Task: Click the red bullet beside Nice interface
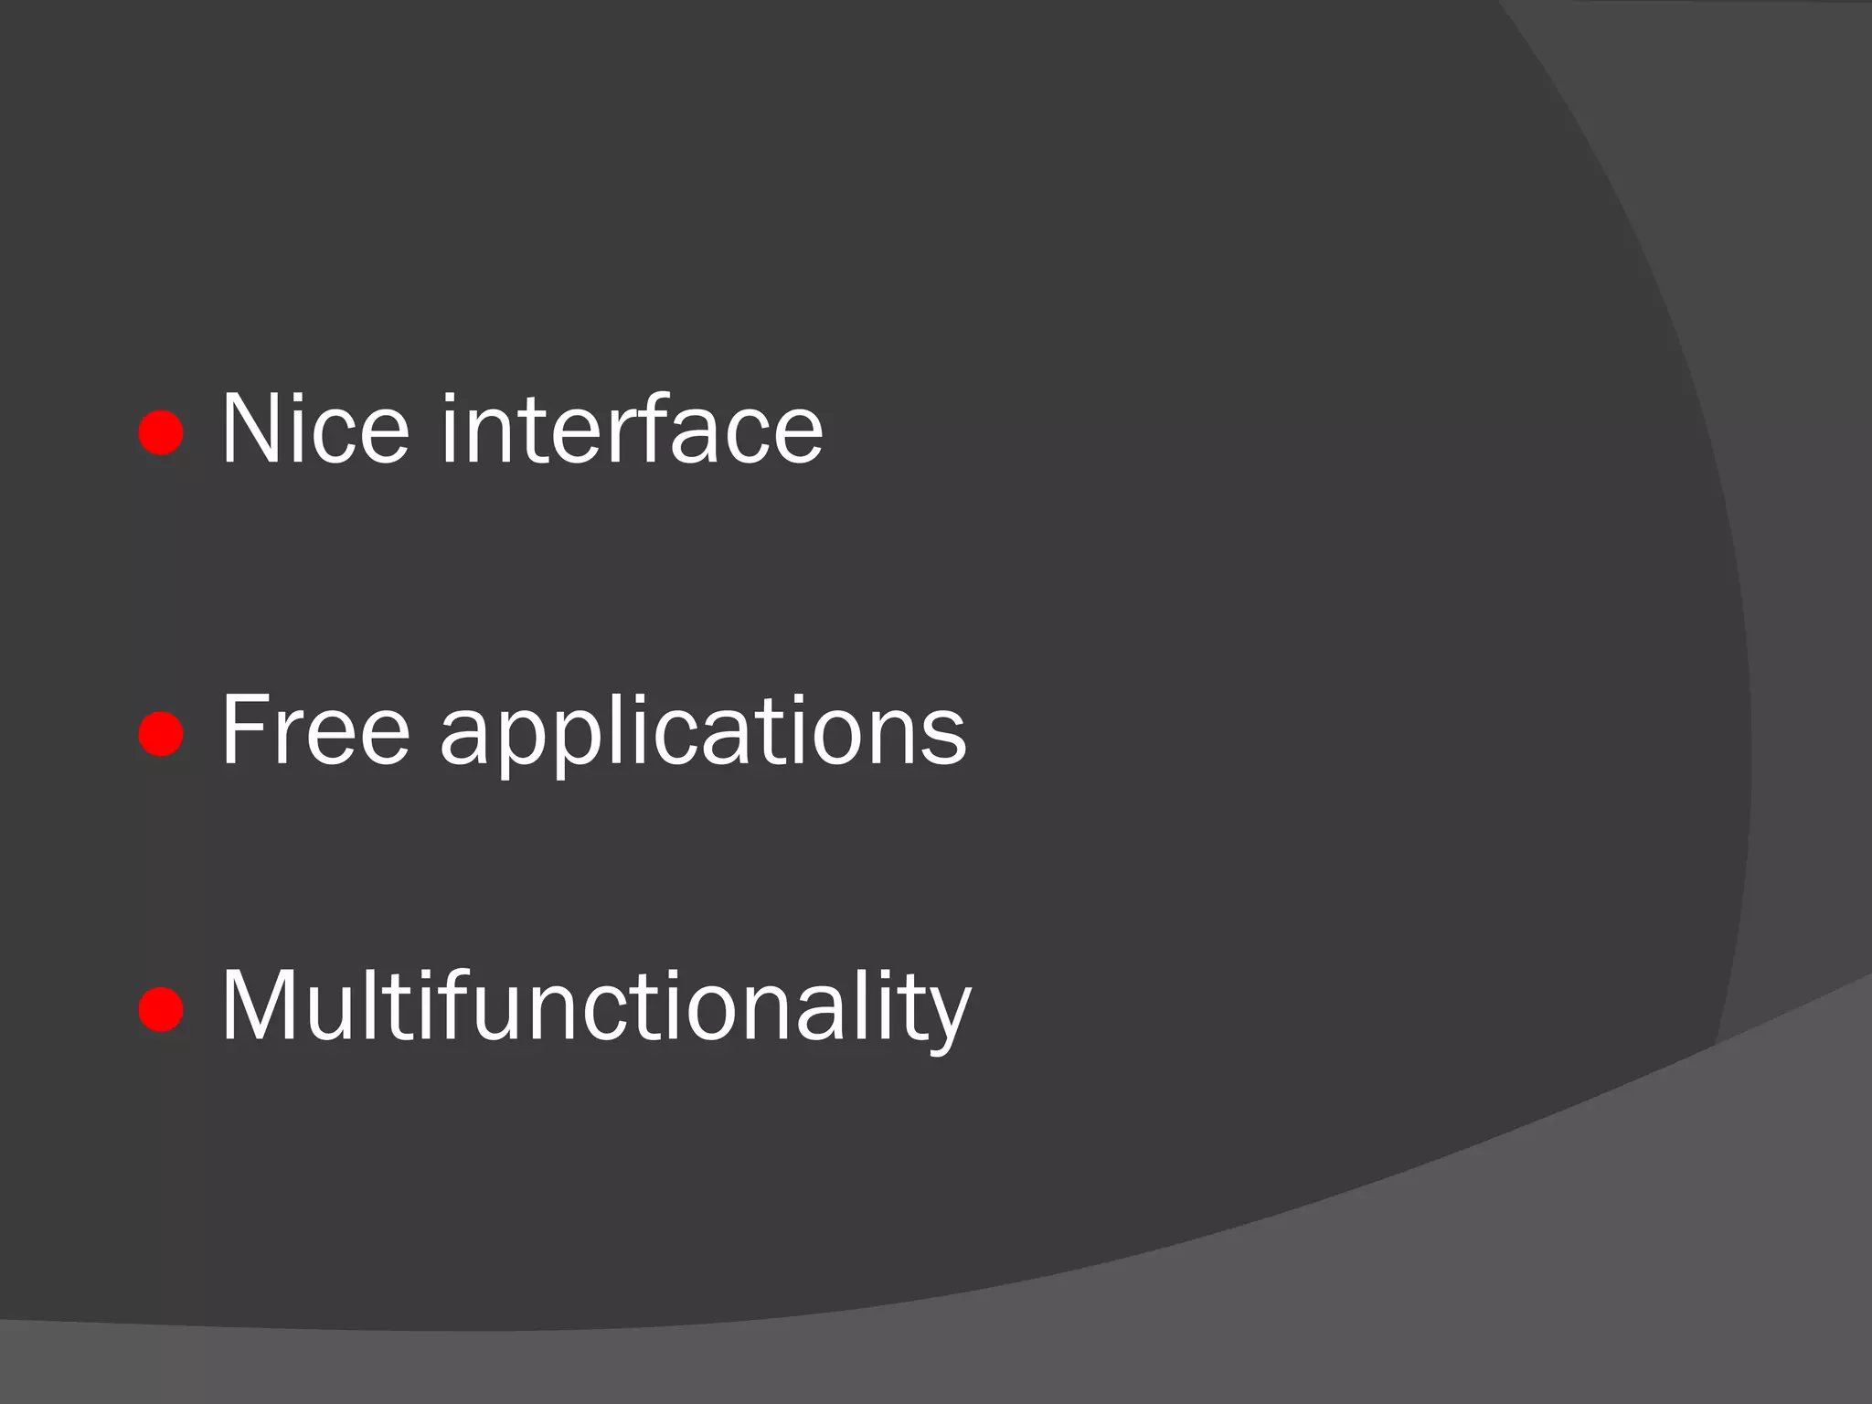point(161,431)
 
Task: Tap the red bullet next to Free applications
point(161,733)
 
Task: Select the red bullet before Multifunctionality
point(161,1008)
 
